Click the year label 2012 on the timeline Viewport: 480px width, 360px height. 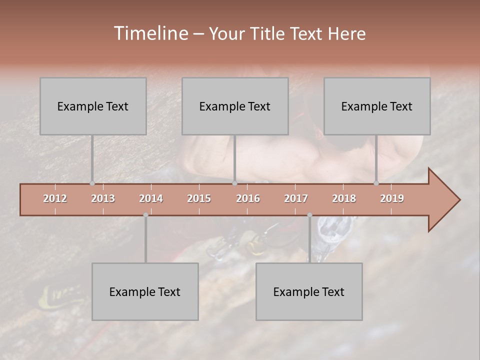click(55, 198)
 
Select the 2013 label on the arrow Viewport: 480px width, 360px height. click(103, 198)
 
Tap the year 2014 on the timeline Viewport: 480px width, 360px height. click(151, 198)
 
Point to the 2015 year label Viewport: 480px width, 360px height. click(199, 198)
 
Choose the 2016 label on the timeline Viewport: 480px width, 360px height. click(248, 198)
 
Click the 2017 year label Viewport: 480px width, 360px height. click(296, 198)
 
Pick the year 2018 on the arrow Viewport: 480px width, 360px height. click(344, 198)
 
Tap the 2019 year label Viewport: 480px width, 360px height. click(392, 198)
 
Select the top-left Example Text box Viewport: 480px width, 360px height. click(93, 106)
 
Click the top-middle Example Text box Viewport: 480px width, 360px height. click(235, 106)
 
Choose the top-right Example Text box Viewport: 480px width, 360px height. click(377, 106)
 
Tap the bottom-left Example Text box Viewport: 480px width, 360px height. click(145, 291)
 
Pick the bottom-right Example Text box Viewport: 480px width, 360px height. click(309, 291)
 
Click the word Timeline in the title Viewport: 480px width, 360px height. click(150, 33)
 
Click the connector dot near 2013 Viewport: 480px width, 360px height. click(92, 183)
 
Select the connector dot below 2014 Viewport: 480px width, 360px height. click(145, 215)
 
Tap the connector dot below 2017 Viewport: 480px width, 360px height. click(309, 215)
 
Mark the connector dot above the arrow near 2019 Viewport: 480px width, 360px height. click(376, 183)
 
